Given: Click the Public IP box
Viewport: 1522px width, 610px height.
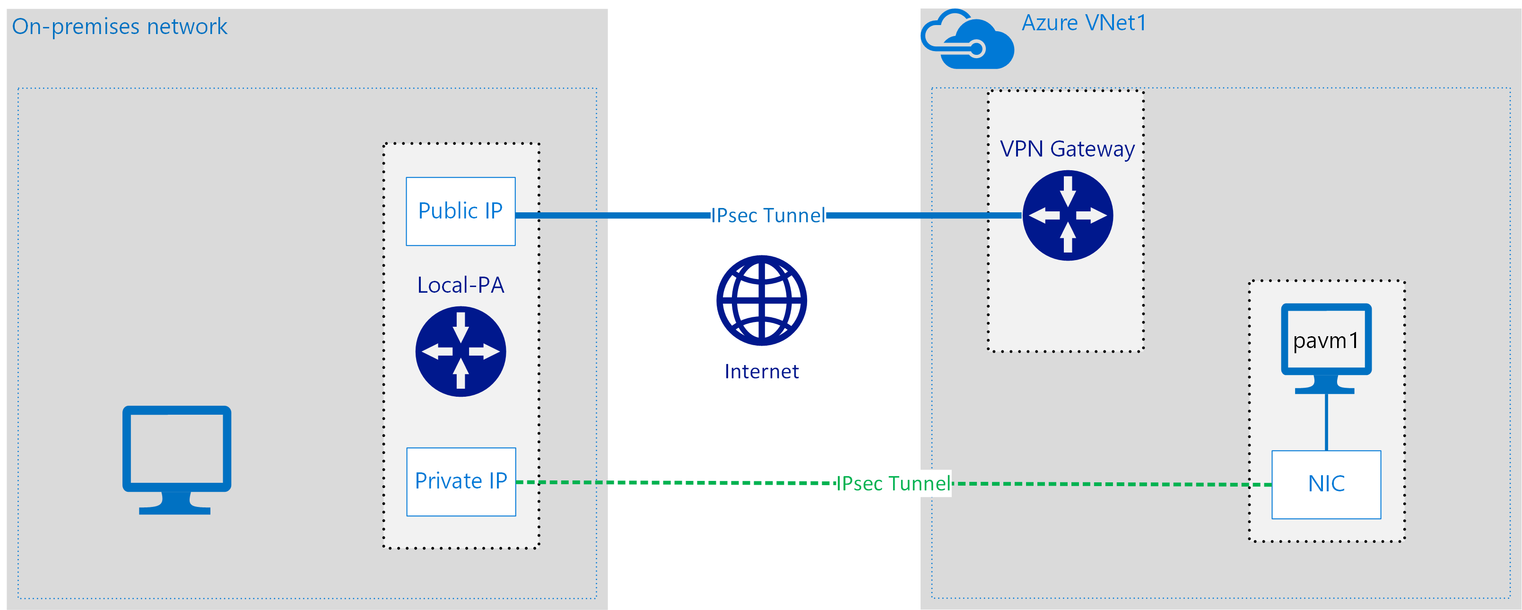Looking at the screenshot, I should (460, 211).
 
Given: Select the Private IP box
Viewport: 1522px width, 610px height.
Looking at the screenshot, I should (461, 482).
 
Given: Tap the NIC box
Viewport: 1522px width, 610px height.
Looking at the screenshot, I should (1326, 484).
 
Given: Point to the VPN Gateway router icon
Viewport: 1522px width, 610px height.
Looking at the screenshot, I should (1067, 215).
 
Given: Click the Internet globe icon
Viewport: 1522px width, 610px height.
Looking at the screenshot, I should (761, 300).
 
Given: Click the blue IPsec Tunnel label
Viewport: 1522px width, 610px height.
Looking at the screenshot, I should (767, 216).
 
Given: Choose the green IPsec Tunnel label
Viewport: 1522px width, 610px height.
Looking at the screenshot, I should (893, 483).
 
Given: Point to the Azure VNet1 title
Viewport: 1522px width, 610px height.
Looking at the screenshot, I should (1084, 23).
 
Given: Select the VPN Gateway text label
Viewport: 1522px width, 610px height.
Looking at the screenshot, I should (1067, 149).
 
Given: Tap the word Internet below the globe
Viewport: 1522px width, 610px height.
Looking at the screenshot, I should (761, 371).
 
